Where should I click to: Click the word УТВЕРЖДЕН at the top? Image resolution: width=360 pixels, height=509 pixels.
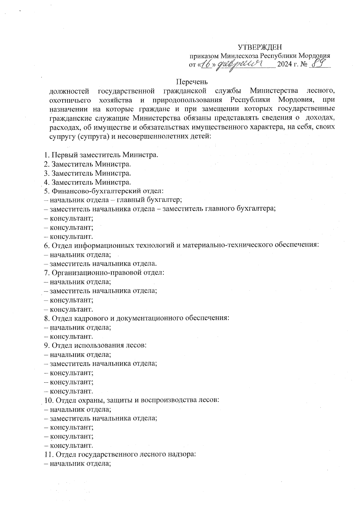(260, 47)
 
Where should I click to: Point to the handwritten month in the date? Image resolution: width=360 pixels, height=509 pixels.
(239, 64)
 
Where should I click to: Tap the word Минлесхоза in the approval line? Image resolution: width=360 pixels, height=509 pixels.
(239, 56)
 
